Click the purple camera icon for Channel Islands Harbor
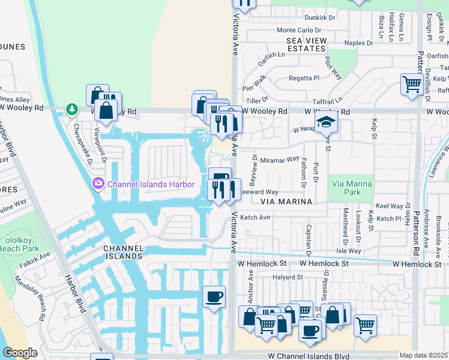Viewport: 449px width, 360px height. (x=97, y=182)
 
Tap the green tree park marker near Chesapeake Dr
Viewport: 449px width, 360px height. (x=72, y=109)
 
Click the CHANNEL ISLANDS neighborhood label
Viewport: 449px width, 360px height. (x=123, y=252)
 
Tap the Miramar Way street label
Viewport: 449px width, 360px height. (x=279, y=160)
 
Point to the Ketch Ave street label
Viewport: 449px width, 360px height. (x=256, y=217)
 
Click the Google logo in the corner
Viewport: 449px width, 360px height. (x=20, y=353)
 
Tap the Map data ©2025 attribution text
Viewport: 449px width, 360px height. (x=424, y=355)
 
